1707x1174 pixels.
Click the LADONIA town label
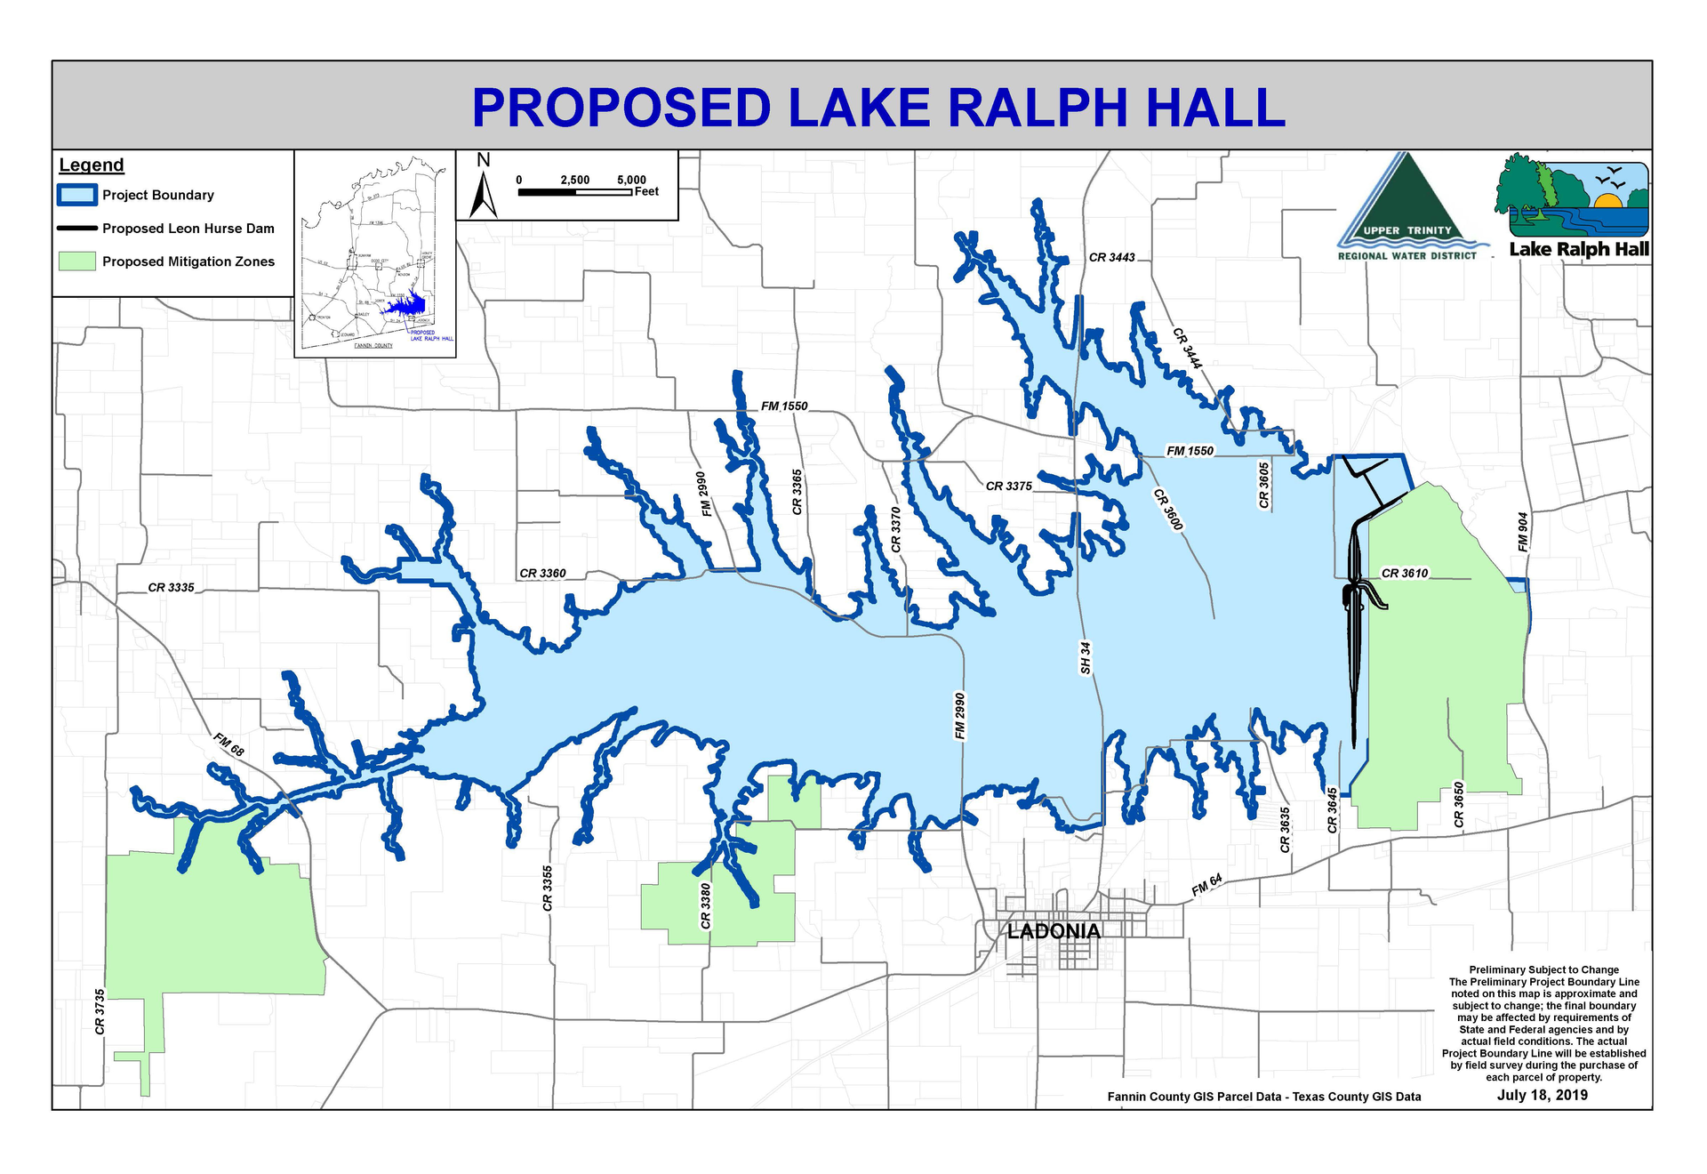pyautogui.click(x=1054, y=931)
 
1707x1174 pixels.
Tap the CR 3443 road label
pyautogui.click(x=1111, y=258)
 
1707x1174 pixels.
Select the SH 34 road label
pyautogui.click(x=1085, y=657)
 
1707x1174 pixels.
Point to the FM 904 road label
pyautogui.click(x=1523, y=531)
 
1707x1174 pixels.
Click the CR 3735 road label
pyautogui.click(x=100, y=1011)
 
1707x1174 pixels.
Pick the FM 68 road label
pyautogui.click(x=228, y=744)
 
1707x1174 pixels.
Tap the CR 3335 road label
pyautogui.click(x=171, y=588)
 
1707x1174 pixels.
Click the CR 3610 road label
pyautogui.click(x=1405, y=574)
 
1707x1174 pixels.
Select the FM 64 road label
pyautogui.click(x=1206, y=885)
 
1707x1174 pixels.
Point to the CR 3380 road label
pyautogui.click(x=706, y=905)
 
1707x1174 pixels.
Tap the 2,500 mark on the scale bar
pyautogui.click(x=574, y=180)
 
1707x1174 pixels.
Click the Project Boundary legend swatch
pyautogui.click(x=76, y=195)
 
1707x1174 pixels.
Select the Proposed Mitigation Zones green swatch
pyautogui.click(x=76, y=261)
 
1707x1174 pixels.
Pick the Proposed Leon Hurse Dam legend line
pyautogui.click(x=76, y=229)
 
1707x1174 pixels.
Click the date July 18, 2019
pyautogui.click(x=1542, y=1095)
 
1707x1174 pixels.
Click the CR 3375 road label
pyautogui.click(x=1008, y=486)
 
